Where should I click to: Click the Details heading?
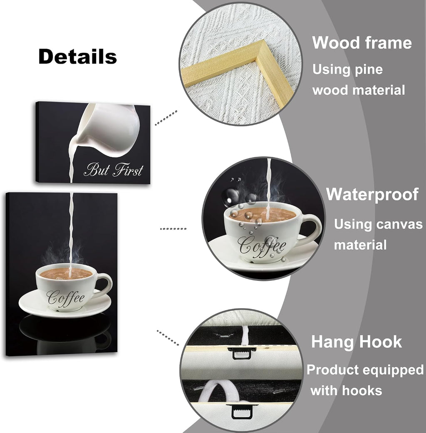point(78,56)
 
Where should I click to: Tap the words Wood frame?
point(362,43)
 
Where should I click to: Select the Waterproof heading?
point(372,195)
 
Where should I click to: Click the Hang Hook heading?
point(357,341)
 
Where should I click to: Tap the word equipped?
point(396,371)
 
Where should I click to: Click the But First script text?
point(114,170)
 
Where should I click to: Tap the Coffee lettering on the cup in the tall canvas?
point(66,298)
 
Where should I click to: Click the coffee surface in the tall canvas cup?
point(66,273)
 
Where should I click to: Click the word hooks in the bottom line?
point(362,391)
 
